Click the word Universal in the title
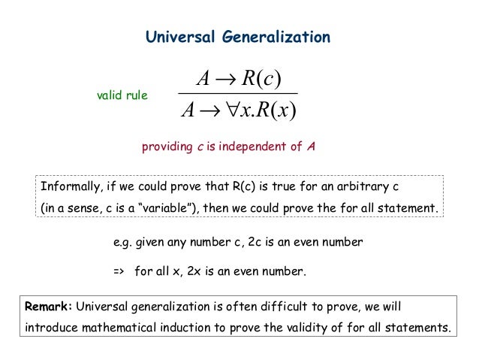point(173,36)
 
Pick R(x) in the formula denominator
point(276,113)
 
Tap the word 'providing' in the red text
point(167,147)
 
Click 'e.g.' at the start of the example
point(122,243)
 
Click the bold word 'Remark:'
point(49,307)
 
